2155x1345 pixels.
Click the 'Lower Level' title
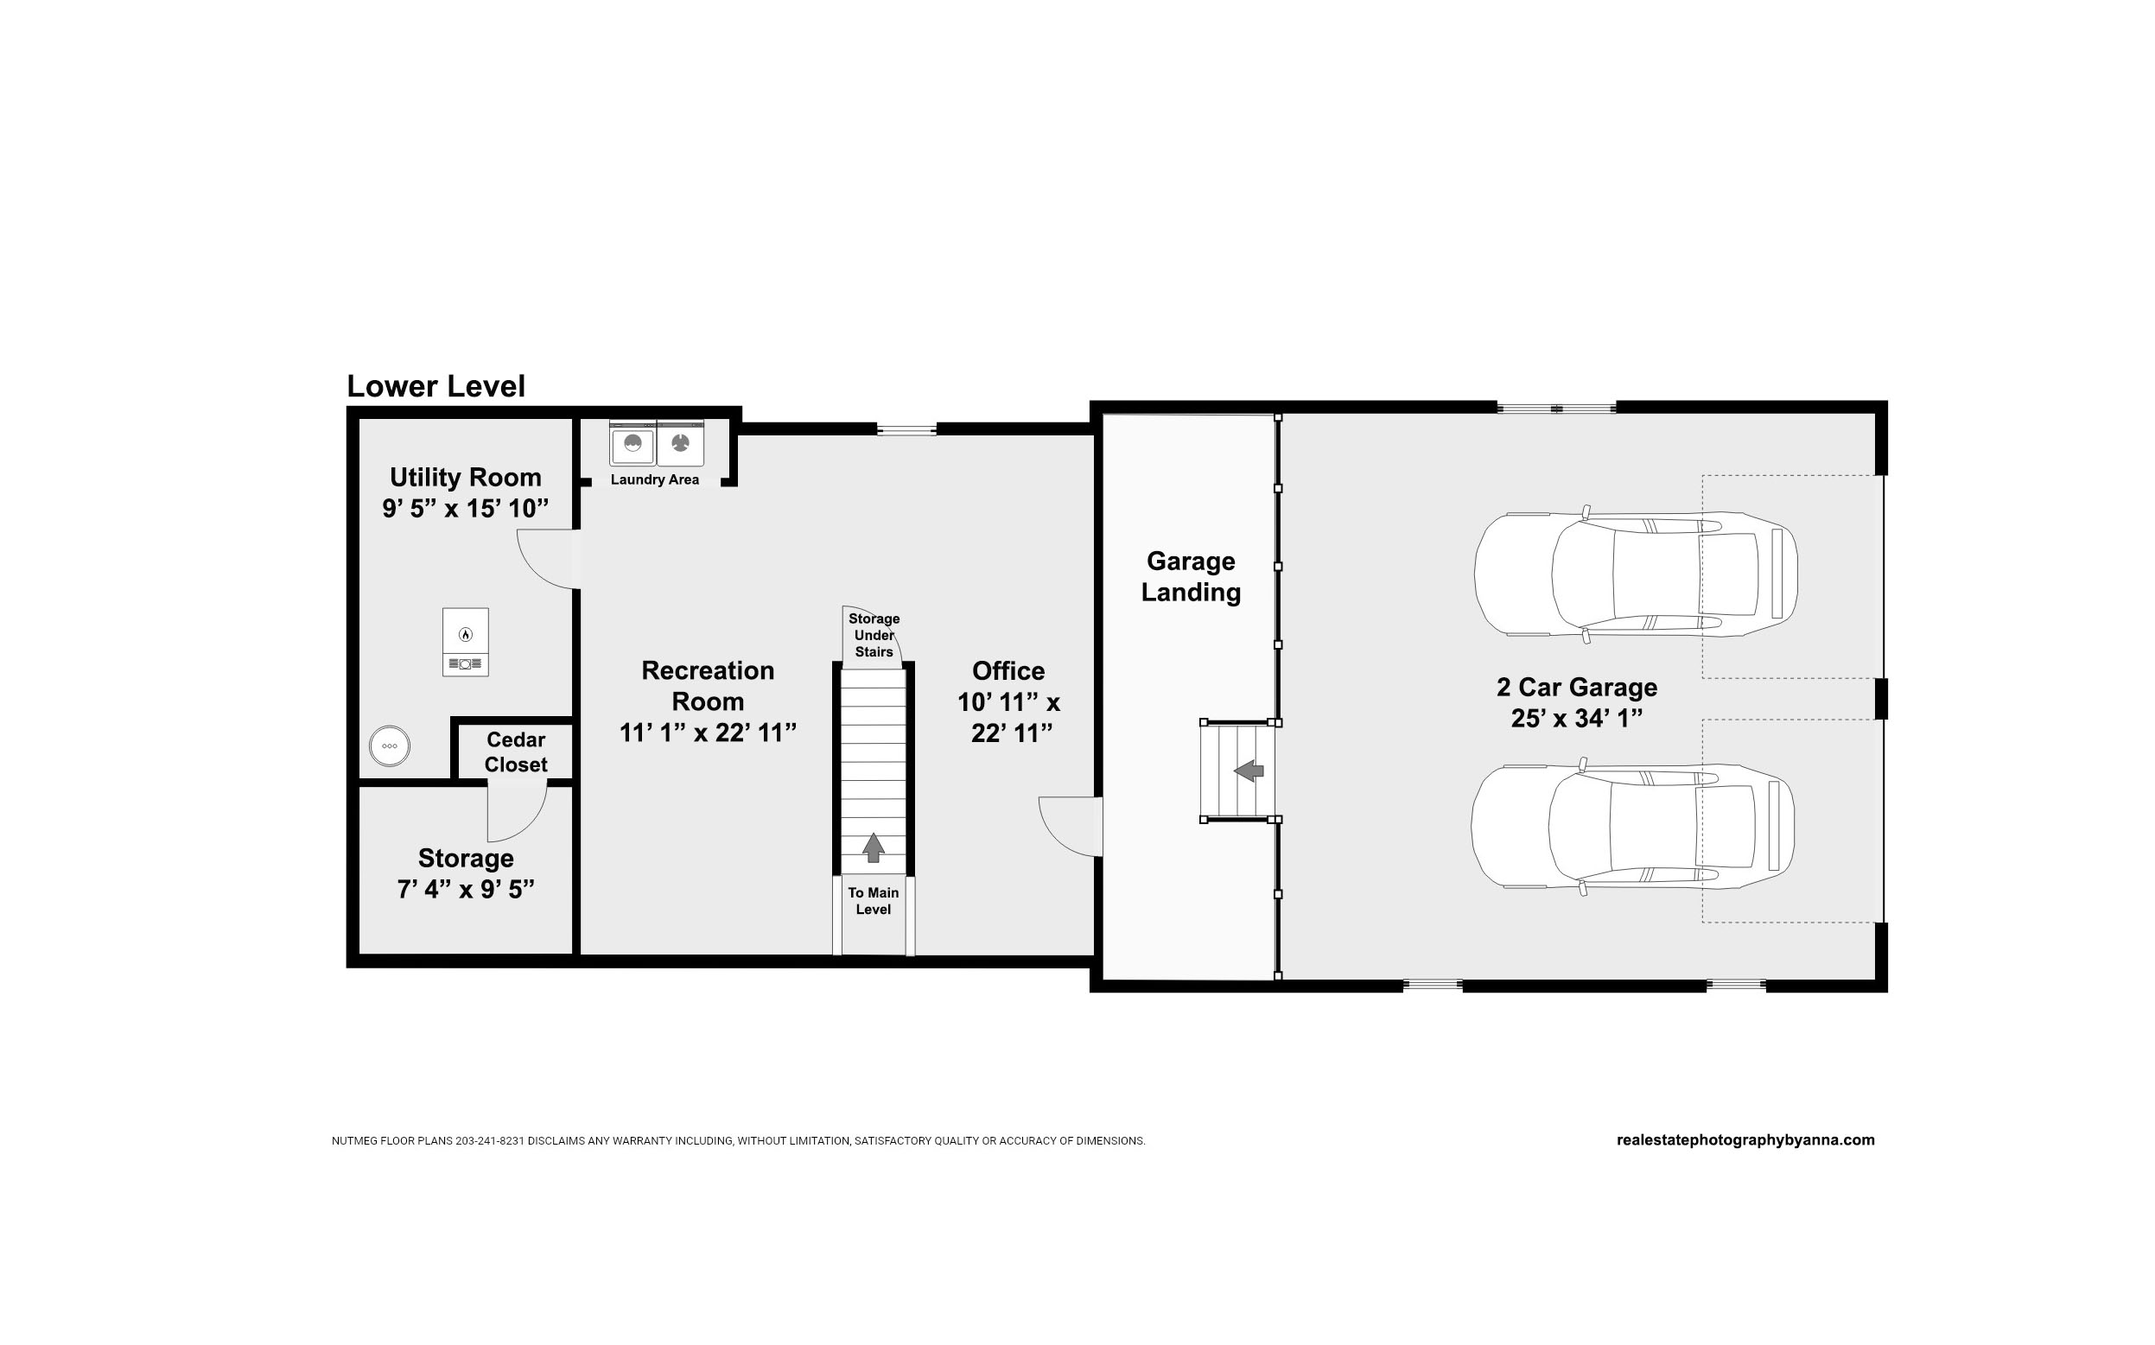coord(436,386)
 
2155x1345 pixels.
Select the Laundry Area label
coord(655,479)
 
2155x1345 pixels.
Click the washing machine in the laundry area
coord(633,443)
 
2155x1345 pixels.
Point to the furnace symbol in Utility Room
coord(466,641)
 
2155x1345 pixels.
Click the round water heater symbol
coord(390,745)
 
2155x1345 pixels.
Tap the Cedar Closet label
coord(516,752)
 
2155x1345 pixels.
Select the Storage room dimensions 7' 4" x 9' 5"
coord(466,889)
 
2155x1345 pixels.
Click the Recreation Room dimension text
coord(708,732)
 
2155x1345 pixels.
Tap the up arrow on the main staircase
coord(874,847)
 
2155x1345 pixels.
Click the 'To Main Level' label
coord(874,901)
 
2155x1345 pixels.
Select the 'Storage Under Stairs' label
coord(874,635)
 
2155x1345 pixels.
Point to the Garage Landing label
coord(1191,576)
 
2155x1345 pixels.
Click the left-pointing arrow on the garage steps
coord(1249,771)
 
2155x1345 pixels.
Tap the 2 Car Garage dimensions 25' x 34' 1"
coord(1577,718)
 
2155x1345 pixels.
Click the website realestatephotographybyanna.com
coord(1745,1139)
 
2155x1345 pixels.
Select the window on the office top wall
coord(906,429)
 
